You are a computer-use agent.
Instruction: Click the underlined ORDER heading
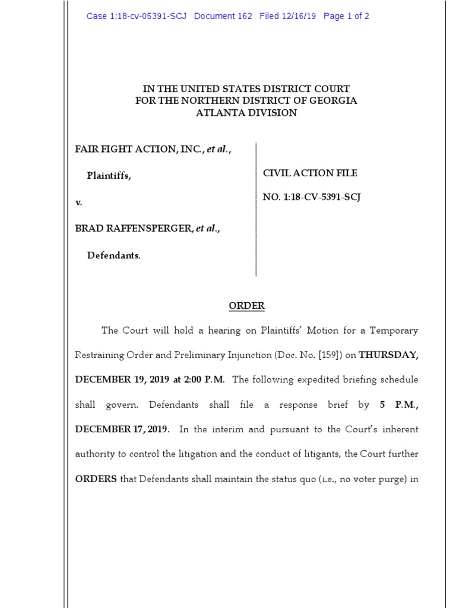[x=247, y=306]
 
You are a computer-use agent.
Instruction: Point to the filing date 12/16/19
[x=300, y=16]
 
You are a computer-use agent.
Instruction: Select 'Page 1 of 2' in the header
[x=346, y=16]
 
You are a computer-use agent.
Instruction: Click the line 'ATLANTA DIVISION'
[x=246, y=113]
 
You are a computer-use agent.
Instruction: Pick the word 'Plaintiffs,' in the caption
[x=109, y=176]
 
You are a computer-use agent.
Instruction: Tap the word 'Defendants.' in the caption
[x=114, y=256]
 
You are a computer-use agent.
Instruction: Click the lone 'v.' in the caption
[x=78, y=202]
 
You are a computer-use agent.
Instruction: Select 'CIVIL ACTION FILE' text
[x=310, y=173]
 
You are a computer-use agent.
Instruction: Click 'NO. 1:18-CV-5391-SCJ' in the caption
[x=312, y=198]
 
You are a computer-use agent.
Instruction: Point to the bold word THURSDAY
[x=388, y=355]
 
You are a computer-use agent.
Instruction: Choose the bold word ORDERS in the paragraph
[x=96, y=479]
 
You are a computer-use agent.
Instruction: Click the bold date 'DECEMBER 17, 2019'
[x=122, y=429]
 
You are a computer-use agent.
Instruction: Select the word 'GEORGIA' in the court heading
[x=333, y=101]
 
